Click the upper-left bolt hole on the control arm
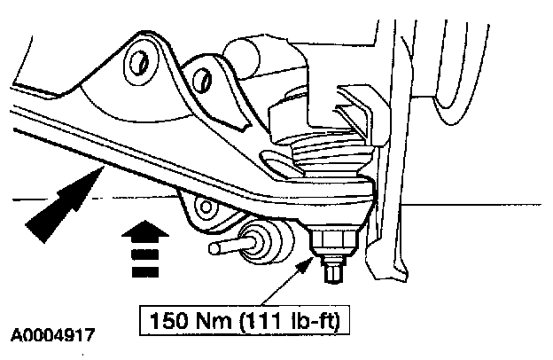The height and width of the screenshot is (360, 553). [x=137, y=62]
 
